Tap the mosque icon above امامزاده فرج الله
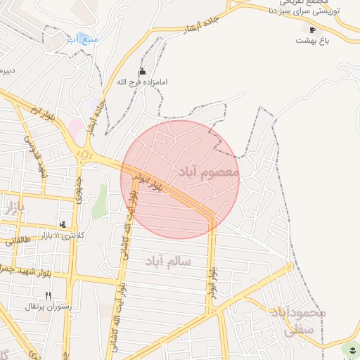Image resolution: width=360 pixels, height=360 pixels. pos(143,72)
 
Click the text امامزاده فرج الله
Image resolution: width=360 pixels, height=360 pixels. pos(142,82)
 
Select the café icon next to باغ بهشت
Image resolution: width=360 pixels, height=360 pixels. pos(312,30)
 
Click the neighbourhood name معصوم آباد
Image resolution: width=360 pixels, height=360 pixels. pos(209,172)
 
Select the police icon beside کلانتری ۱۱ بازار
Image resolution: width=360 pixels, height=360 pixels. pos(63,225)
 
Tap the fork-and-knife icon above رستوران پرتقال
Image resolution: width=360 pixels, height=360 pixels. pos(48,295)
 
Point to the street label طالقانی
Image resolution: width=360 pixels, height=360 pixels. pos(19,240)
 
